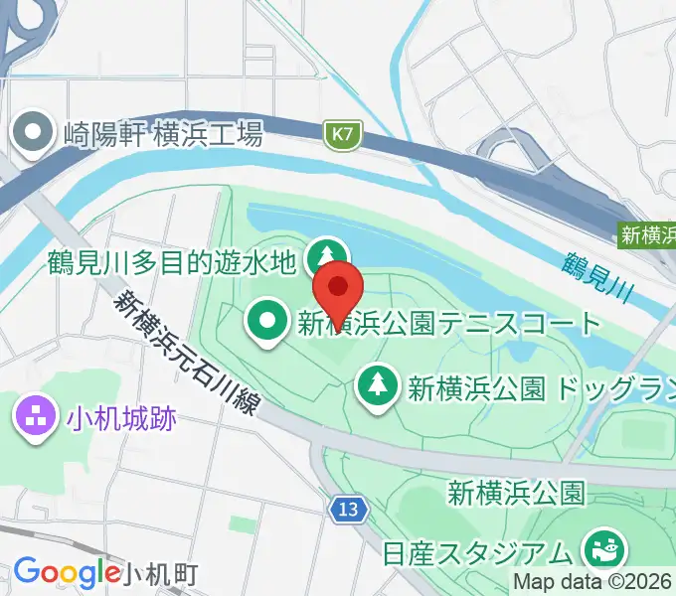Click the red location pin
point(338,288)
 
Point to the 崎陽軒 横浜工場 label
point(162,134)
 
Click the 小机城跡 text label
point(122,418)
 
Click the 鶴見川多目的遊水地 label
point(171,262)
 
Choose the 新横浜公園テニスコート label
point(449,323)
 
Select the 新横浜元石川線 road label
point(189,356)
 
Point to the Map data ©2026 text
point(592,582)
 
